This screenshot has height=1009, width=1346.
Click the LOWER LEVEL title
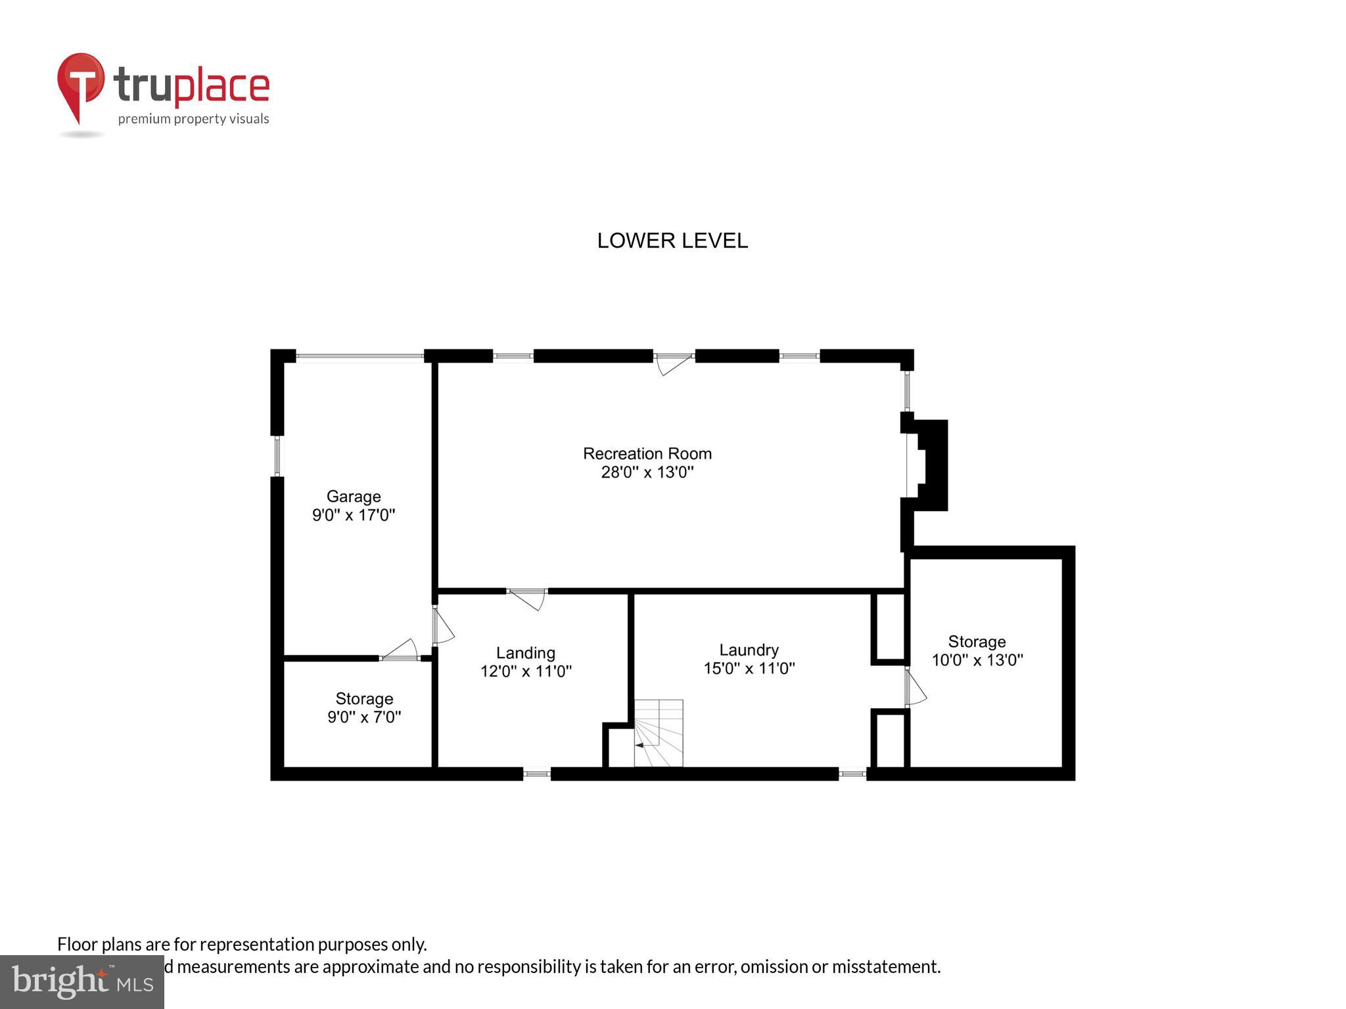click(x=672, y=241)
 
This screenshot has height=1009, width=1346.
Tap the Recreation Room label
click(x=647, y=454)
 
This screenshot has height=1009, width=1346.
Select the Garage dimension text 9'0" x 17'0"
click(x=354, y=515)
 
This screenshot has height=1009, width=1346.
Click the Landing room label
click(x=525, y=653)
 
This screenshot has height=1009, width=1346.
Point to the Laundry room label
click(x=749, y=650)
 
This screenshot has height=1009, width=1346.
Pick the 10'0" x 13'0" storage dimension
click(x=977, y=660)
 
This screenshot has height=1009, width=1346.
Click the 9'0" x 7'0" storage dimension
click(x=364, y=717)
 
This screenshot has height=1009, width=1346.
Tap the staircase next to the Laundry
click(x=658, y=733)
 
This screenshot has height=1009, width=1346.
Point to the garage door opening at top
click(x=360, y=357)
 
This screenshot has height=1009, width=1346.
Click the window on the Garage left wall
click(x=277, y=456)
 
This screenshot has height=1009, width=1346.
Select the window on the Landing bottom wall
click(x=536, y=774)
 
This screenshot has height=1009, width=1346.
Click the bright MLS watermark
click(x=82, y=981)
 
